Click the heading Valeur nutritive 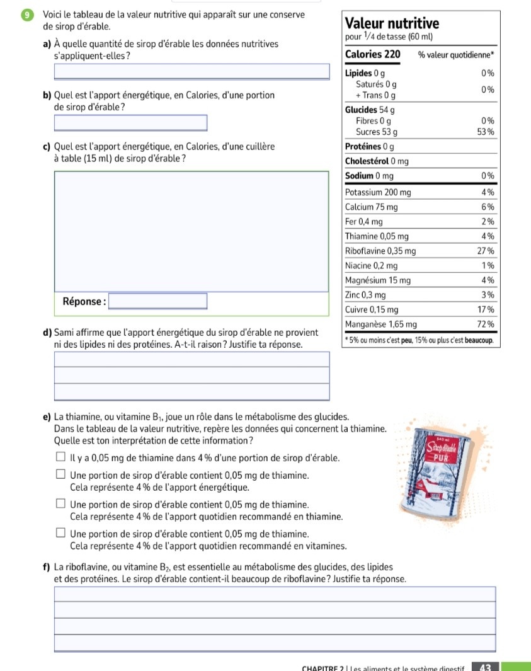click(x=392, y=23)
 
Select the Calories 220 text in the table click(x=373, y=54)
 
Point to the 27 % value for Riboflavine click(x=484, y=251)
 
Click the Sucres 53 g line click(x=376, y=132)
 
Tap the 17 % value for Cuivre click(x=484, y=309)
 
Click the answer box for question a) click(x=192, y=71)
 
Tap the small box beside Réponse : click(x=158, y=301)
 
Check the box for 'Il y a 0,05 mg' click(x=60, y=457)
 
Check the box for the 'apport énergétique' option click(x=60, y=475)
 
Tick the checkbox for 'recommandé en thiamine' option click(x=60, y=505)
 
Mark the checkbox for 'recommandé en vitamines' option click(x=60, y=534)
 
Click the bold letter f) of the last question click(x=47, y=566)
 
